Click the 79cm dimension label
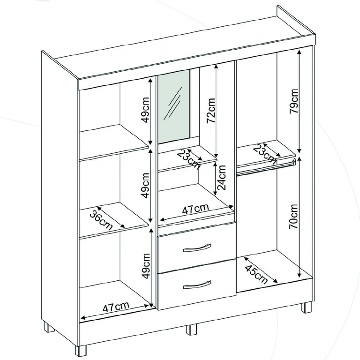pyautogui.click(x=293, y=101)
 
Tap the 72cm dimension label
pyautogui.click(x=211, y=111)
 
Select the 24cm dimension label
pyautogui.click(x=221, y=178)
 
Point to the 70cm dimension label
pyautogui.click(x=293, y=217)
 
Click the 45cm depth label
pyautogui.click(x=256, y=274)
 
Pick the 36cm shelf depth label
pyautogui.click(x=101, y=220)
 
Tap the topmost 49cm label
pyautogui.click(x=145, y=110)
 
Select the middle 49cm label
pyautogui.click(x=145, y=186)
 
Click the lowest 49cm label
pyautogui.click(x=146, y=266)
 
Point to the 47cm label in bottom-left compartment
pyautogui.click(x=116, y=307)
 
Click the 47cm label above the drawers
pyautogui.click(x=195, y=209)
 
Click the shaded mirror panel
pyautogui.click(x=174, y=107)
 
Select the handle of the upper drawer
pyautogui.click(x=197, y=248)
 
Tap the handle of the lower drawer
pyautogui.click(x=197, y=285)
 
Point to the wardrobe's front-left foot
pyautogui.click(x=81, y=351)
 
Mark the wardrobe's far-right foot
pyautogui.click(x=307, y=307)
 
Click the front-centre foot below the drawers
pyautogui.click(x=191, y=330)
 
